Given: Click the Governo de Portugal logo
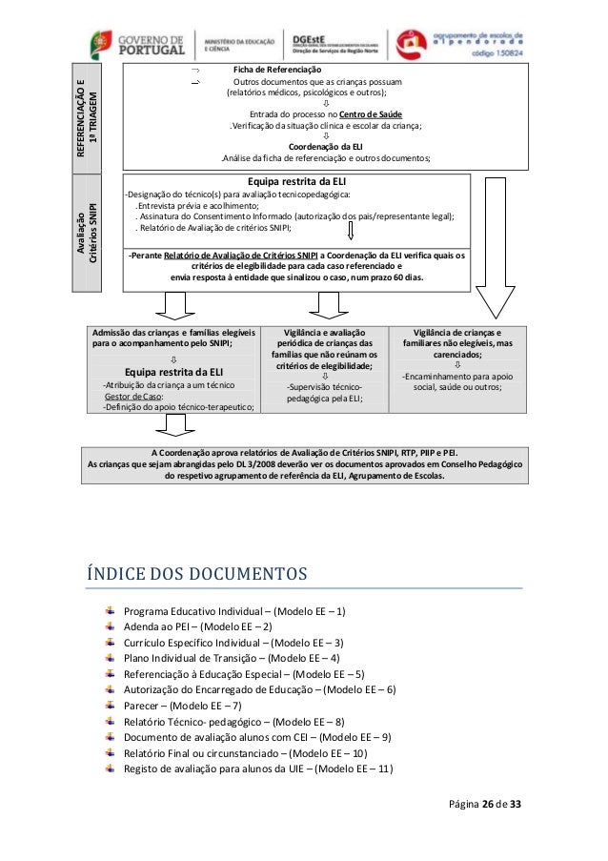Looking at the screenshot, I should pos(133,43).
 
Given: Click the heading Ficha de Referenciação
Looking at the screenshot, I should pos(277,71).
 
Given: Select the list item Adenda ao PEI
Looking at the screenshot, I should pos(198,626).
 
